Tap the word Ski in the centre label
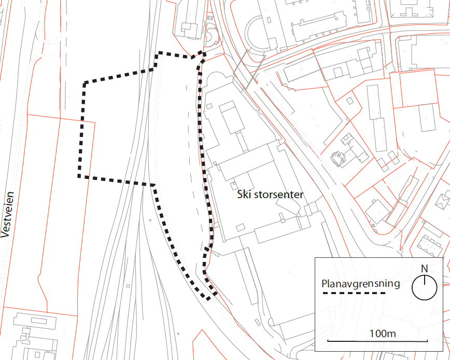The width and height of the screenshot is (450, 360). [244, 195]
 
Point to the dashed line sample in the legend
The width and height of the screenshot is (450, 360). [354, 294]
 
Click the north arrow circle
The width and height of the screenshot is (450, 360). [424, 287]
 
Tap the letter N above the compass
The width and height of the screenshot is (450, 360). [424, 269]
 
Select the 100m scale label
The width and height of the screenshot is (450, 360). [383, 333]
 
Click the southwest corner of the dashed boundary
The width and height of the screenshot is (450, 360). [79, 176]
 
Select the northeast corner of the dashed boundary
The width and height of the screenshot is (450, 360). [204, 53]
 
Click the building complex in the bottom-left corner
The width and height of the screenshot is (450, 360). [31, 332]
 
